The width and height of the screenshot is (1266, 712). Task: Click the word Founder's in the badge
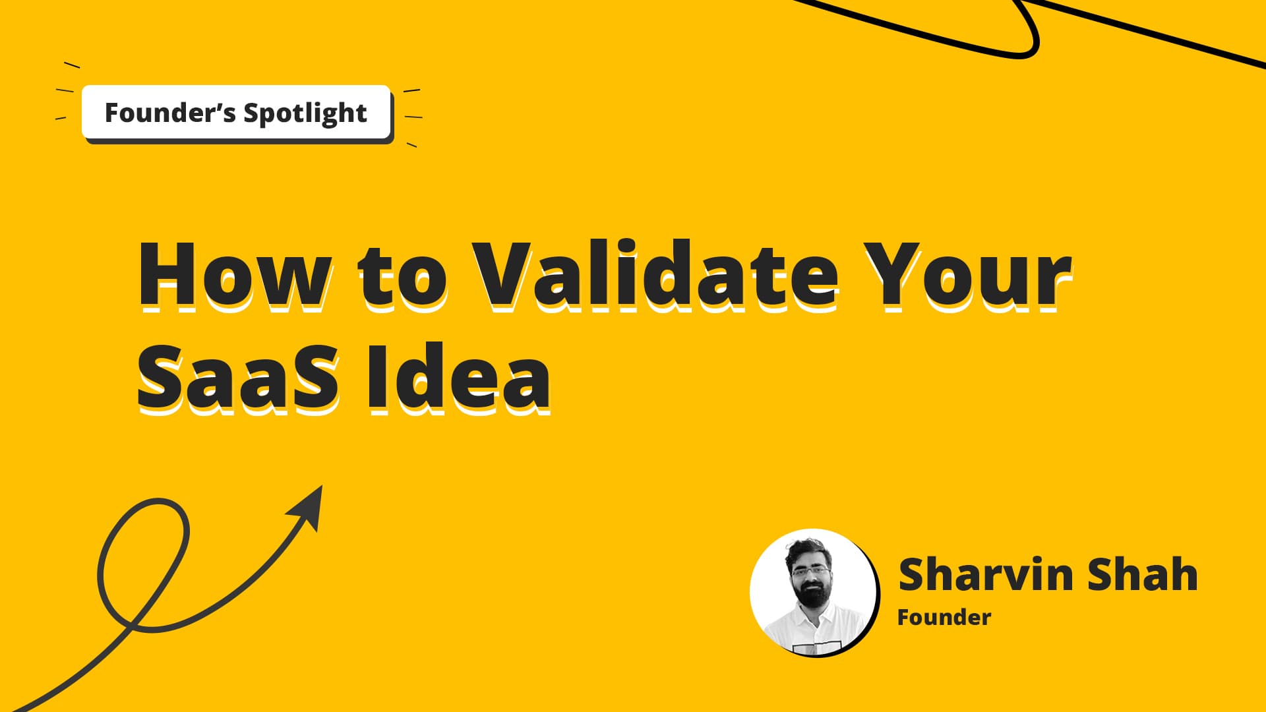pos(169,113)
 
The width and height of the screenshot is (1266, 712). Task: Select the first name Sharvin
pos(986,574)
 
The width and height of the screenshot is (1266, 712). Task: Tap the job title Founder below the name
pos(944,618)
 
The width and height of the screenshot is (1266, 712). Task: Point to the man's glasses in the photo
pos(811,570)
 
